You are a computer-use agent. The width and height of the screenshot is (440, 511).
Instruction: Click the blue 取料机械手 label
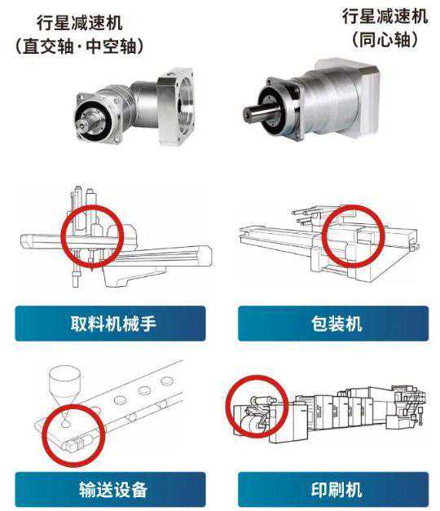coord(110,324)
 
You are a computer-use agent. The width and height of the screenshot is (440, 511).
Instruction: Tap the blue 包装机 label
coord(333,324)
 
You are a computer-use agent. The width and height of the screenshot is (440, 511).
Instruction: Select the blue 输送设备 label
coord(110,489)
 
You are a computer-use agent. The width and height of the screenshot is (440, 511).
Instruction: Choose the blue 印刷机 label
coord(333,489)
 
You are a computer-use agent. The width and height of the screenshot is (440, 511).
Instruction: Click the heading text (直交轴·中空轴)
coord(79,46)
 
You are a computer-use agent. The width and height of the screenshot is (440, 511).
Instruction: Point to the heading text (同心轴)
coord(385,39)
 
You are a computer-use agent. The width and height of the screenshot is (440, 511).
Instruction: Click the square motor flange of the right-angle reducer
coord(176,105)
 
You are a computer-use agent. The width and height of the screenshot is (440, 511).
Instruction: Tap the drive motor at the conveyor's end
coord(77,443)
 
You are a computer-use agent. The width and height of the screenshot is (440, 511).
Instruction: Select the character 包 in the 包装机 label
coord(319,324)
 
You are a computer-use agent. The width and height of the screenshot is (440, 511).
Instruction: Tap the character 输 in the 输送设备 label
coord(87,490)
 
